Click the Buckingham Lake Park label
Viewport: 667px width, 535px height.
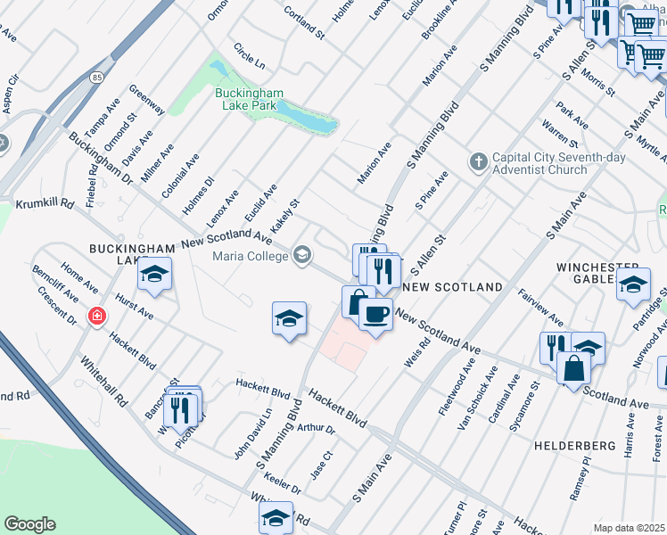[250, 98]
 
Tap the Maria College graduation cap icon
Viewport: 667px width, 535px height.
[302, 257]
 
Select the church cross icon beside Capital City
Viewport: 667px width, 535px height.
[479, 161]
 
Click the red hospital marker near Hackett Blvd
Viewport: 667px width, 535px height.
[96, 317]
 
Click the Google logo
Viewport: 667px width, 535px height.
[29, 524]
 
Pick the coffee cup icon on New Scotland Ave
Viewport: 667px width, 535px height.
[376, 315]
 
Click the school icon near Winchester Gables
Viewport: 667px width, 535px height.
[634, 285]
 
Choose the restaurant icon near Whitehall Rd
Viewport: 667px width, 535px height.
[183, 407]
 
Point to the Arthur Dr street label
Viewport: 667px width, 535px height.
[317, 429]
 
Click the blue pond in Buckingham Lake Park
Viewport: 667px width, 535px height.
[308, 116]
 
